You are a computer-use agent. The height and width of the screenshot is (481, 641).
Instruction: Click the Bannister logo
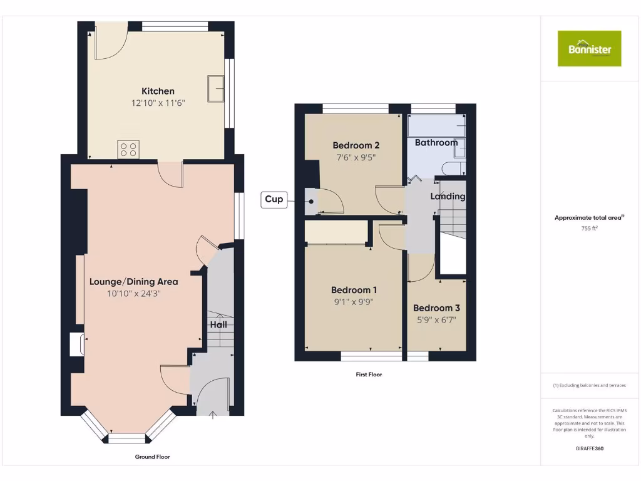point(589,48)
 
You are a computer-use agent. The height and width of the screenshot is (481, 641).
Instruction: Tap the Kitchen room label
point(158,91)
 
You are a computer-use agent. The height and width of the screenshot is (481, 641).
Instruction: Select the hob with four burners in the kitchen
point(129,150)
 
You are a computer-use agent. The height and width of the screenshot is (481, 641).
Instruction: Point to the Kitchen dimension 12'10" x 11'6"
point(158,103)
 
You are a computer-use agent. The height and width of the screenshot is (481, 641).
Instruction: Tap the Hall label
point(218,325)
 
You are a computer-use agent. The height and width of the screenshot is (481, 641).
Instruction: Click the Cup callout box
point(274,200)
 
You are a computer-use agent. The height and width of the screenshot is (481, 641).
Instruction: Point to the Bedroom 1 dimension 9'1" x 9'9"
point(354,302)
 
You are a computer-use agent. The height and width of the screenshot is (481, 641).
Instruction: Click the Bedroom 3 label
point(436,308)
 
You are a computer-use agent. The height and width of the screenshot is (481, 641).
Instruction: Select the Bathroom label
point(436,142)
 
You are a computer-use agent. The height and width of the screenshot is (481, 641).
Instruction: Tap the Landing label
point(448,196)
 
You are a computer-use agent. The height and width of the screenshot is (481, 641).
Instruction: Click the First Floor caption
point(368,375)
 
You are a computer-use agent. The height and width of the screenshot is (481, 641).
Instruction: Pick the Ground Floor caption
point(152,457)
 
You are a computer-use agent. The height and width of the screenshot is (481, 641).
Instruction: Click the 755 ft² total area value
point(589,229)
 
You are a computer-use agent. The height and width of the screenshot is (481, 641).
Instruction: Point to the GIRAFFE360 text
point(589,448)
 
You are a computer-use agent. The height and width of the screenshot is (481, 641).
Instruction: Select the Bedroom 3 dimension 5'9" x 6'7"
point(436,320)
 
